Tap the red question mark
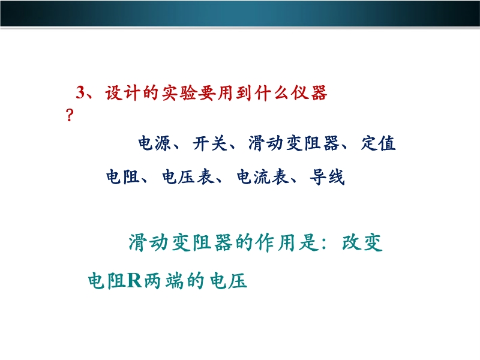point(70,115)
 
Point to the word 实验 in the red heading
point(179,92)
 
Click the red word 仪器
point(309,92)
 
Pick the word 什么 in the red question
point(272,92)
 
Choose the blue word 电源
point(155,143)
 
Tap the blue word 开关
point(209,143)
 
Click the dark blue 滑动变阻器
point(294,143)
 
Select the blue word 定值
point(379,143)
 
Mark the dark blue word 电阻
point(123,177)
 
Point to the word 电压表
point(188,177)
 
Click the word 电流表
point(263,177)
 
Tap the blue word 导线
point(327,177)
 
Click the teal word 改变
point(362,242)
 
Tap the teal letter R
point(134,280)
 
